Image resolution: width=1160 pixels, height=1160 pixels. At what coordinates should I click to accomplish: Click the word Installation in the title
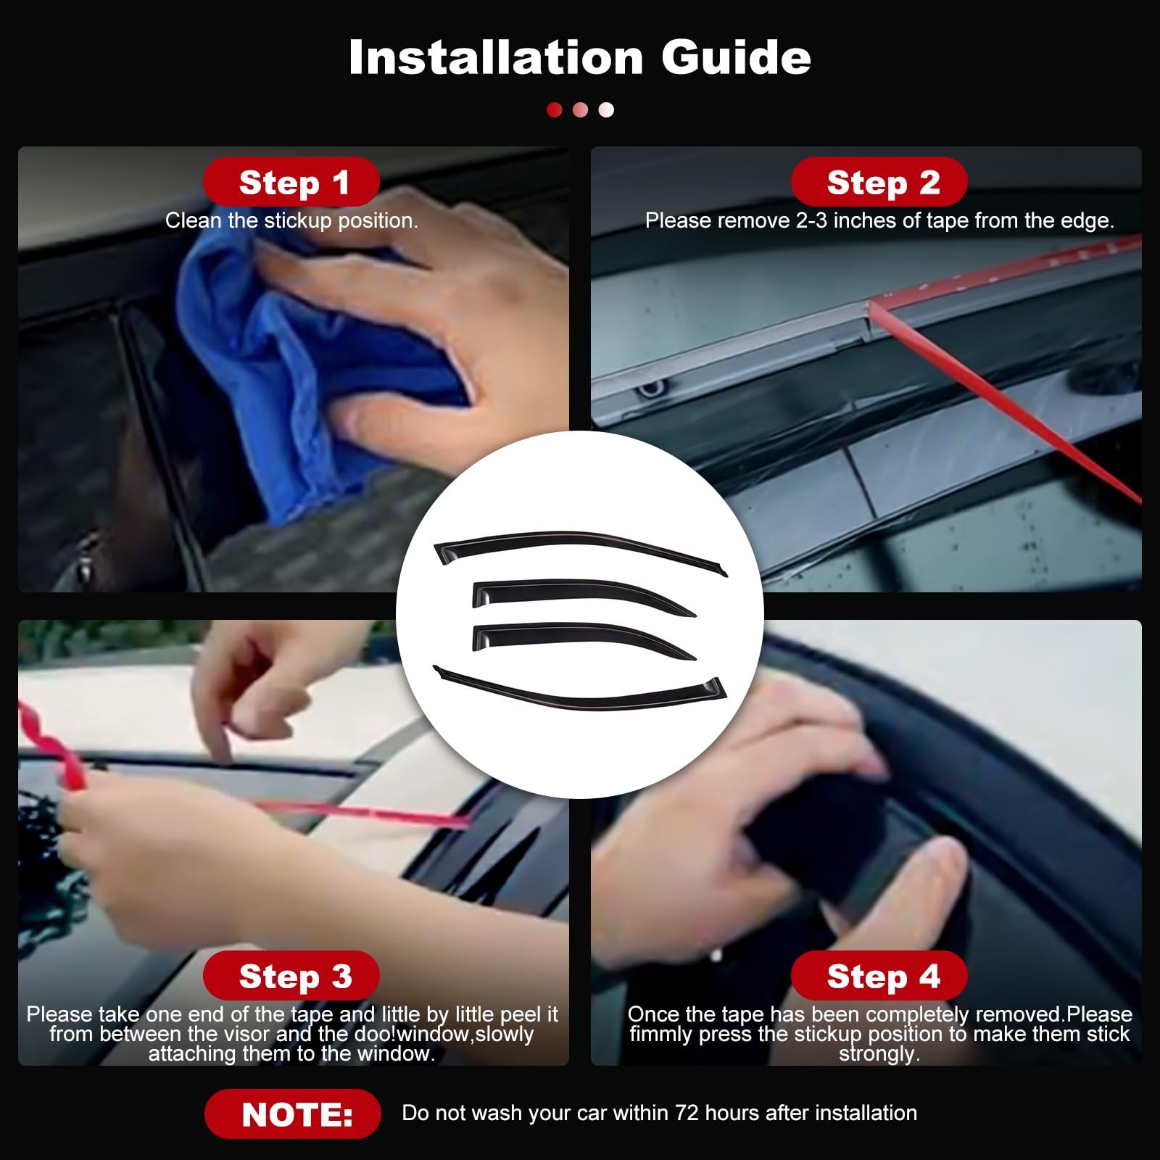tap(496, 57)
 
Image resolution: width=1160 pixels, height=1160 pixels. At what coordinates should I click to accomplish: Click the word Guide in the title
tap(736, 57)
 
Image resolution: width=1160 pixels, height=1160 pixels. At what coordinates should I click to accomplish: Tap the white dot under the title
tap(606, 109)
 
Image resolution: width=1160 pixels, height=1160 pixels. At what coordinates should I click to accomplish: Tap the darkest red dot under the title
tap(555, 109)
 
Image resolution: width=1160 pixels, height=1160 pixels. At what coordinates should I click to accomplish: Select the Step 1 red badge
tap(291, 182)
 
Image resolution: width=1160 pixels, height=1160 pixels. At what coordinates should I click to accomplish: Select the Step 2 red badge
tap(879, 182)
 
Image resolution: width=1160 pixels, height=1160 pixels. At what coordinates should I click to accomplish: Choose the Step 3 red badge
tap(291, 976)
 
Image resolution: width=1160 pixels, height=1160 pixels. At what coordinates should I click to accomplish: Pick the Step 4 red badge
tap(879, 976)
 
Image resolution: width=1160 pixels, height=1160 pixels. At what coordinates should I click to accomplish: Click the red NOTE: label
tap(293, 1114)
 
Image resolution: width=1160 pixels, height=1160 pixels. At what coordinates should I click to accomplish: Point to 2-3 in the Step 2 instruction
tap(812, 220)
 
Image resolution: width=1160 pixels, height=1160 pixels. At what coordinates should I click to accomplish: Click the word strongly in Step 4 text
tap(879, 1053)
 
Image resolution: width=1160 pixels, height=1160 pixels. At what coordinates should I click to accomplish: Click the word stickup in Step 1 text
tap(298, 221)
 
